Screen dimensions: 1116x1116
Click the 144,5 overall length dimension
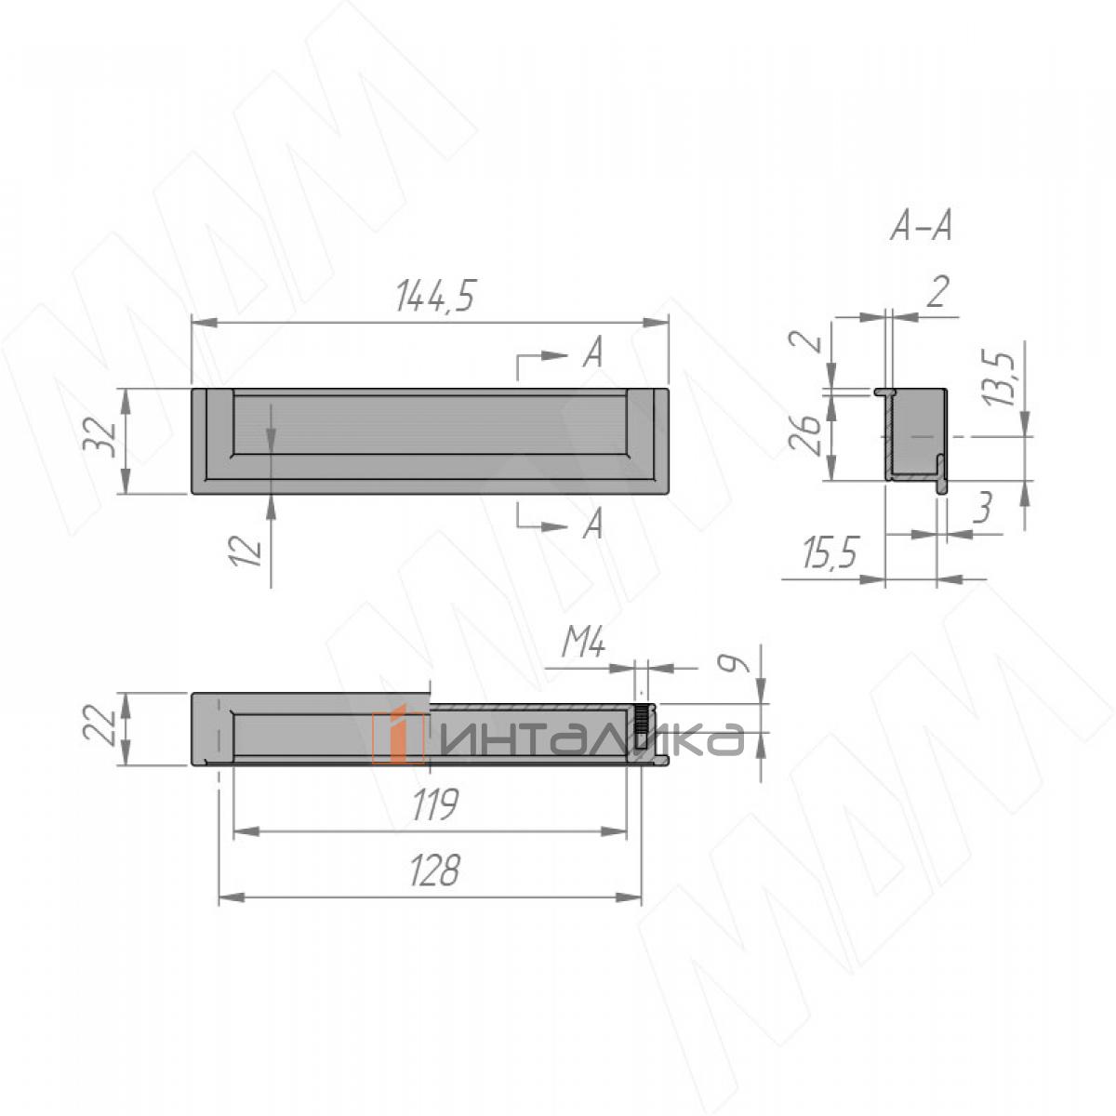(x=435, y=296)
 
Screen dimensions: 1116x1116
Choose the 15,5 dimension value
(x=830, y=553)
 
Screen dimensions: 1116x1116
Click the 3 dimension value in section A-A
(x=983, y=508)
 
